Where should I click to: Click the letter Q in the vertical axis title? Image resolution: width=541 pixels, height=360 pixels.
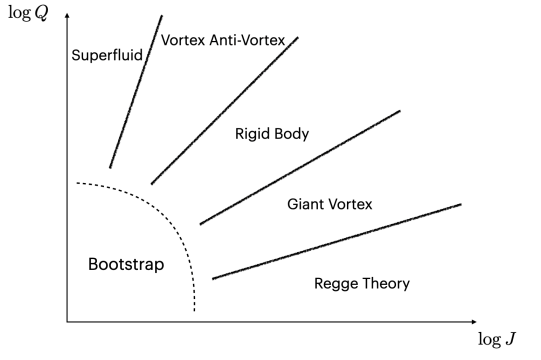(x=43, y=16)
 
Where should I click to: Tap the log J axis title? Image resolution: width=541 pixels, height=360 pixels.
(x=497, y=339)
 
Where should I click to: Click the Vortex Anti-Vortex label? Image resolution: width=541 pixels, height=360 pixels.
(x=223, y=40)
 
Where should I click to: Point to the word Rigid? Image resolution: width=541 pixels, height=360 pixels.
(x=252, y=133)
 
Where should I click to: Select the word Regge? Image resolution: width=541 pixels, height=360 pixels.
(x=335, y=284)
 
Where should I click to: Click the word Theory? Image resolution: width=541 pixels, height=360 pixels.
(x=384, y=284)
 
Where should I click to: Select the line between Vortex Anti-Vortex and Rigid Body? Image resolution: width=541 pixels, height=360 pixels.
(x=224, y=110)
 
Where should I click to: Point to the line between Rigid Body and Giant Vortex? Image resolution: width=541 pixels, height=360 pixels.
(x=300, y=167)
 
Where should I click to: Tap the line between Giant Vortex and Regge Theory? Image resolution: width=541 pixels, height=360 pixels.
(x=336, y=241)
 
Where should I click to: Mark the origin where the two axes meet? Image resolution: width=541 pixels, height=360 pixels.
(x=67, y=322)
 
